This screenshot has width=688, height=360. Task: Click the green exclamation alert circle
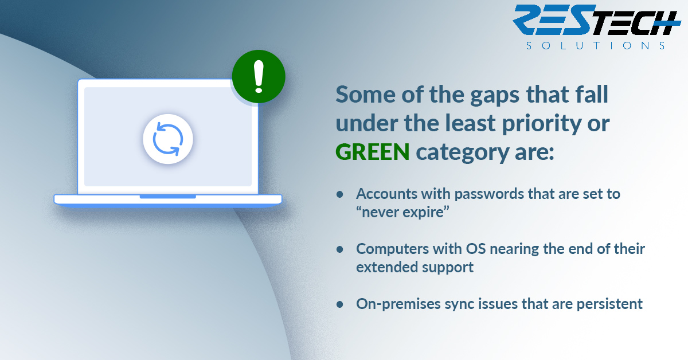click(x=259, y=76)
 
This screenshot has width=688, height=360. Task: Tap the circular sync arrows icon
click(x=168, y=139)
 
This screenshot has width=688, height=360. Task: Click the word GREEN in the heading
click(x=373, y=152)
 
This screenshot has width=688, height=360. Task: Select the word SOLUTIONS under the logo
click(x=596, y=46)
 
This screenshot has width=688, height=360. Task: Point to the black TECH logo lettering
click(x=636, y=22)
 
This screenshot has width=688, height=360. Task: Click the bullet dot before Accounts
click(x=339, y=194)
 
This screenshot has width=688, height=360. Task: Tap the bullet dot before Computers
click(x=339, y=249)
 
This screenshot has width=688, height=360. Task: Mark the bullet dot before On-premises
click(x=339, y=304)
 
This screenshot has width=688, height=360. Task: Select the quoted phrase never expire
click(x=402, y=212)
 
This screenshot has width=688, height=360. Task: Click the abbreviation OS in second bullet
click(x=476, y=249)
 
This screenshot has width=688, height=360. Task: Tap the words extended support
click(x=415, y=267)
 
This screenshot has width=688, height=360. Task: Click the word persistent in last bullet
click(x=609, y=304)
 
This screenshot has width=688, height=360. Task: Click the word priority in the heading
click(x=541, y=123)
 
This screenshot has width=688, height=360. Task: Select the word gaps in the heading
click(x=495, y=96)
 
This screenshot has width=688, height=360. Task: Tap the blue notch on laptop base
click(x=167, y=197)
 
